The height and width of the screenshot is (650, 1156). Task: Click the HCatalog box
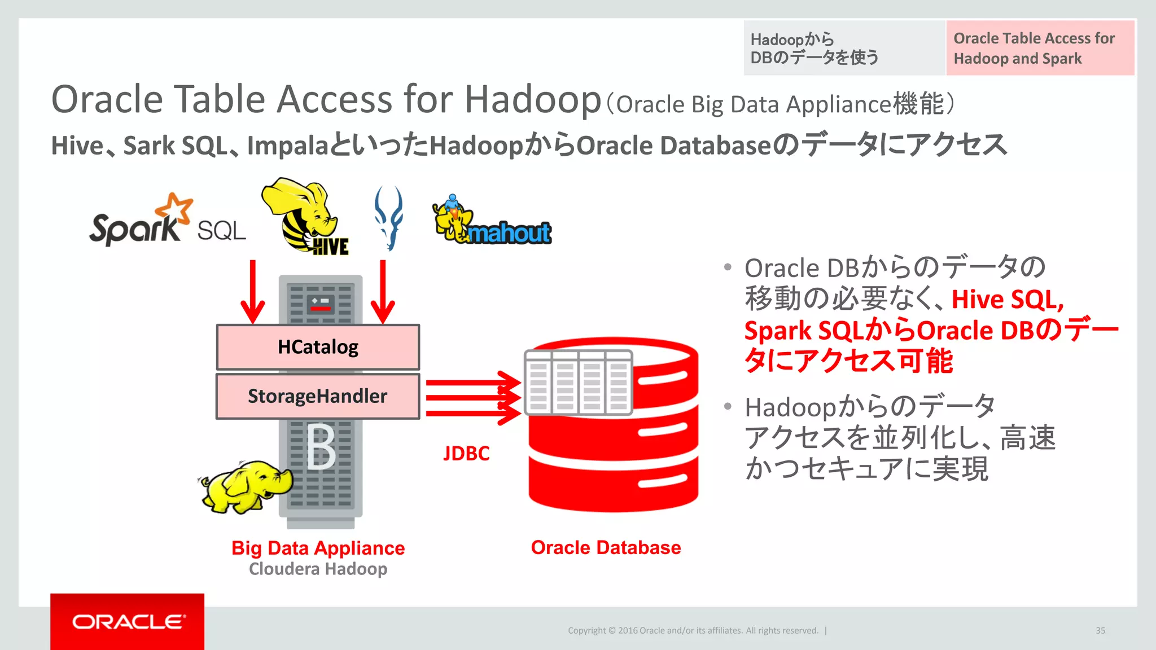point(318,347)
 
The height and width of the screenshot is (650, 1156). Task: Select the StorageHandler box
point(318,396)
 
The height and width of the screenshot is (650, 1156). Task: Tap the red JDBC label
point(466,454)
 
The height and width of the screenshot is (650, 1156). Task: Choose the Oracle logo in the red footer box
point(128,622)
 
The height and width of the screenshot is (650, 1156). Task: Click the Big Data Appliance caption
point(318,548)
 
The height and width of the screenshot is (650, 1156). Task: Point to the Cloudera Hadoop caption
point(318,569)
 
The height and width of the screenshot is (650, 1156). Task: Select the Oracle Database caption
point(606,547)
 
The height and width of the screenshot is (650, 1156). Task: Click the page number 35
point(1100,630)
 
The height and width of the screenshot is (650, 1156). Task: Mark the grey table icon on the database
point(578,383)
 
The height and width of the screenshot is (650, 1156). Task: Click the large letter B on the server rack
point(321,447)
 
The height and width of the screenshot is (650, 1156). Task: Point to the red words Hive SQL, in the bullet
point(1008,299)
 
